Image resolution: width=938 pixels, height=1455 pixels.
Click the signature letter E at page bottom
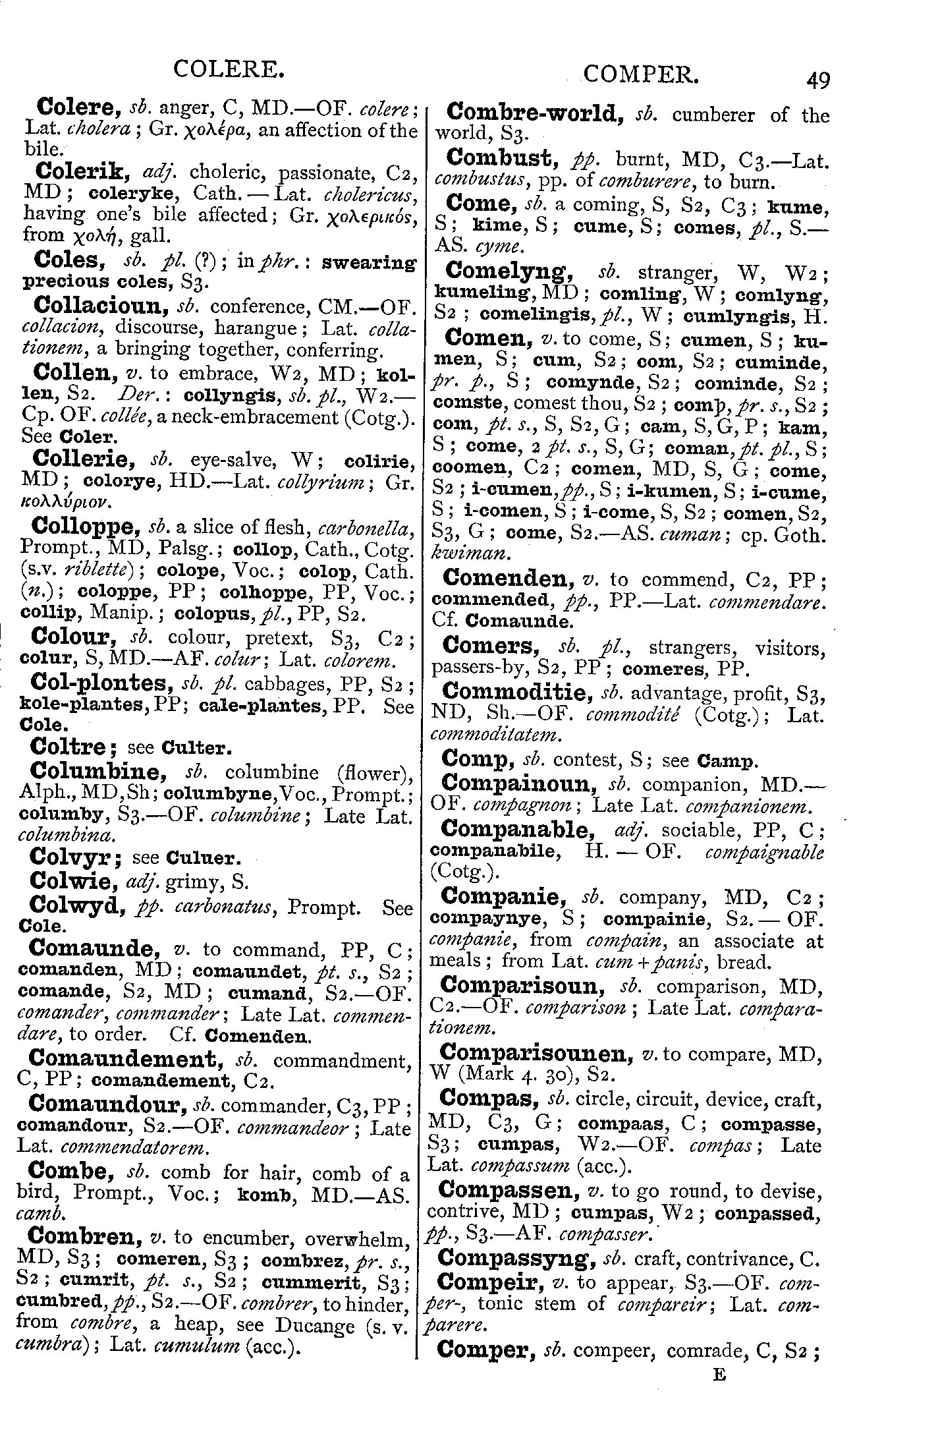tap(719, 1375)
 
